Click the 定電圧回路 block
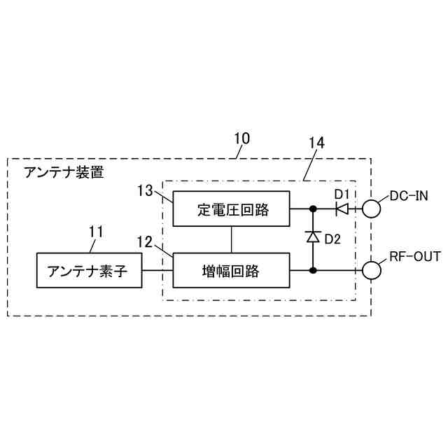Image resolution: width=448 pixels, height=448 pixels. click(231, 209)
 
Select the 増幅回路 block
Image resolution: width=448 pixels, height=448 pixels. click(231, 270)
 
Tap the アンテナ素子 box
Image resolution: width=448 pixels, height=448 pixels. click(88, 270)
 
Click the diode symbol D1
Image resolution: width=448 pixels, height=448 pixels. click(342, 208)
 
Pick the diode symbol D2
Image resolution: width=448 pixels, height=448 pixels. click(313, 238)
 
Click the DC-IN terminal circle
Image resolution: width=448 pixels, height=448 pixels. click(370, 208)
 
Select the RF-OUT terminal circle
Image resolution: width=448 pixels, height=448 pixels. click(370, 270)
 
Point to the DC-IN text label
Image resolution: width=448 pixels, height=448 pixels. click(408, 195)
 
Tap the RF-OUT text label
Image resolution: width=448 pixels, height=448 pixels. click(415, 256)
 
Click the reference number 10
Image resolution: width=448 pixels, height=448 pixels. click(241, 139)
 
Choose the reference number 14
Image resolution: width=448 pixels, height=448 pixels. click(316, 143)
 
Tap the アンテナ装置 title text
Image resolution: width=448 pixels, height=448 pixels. click(63, 172)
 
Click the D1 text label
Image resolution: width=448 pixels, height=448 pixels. click(341, 192)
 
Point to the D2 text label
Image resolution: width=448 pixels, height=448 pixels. click(332, 239)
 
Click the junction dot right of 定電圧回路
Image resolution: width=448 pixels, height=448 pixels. click(313, 208)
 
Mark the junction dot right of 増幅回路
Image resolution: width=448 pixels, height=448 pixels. click(313, 270)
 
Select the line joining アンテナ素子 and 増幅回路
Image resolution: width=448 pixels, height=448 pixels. click(157, 270)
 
